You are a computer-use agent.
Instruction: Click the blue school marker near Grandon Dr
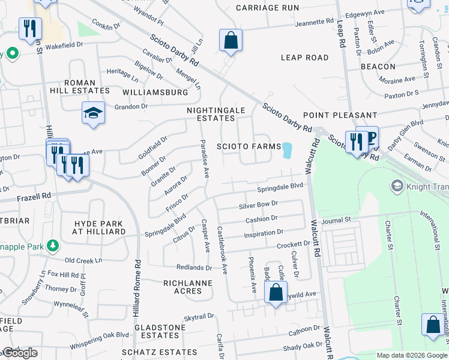tap(93, 113)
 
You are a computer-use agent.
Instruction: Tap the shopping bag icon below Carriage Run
tap(231, 41)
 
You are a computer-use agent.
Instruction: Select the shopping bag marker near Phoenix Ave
tap(276, 293)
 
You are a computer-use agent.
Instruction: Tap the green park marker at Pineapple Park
tap(53, 245)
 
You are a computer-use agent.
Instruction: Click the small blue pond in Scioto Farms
tap(287, 151)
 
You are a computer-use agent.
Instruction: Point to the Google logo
tap(19, 353)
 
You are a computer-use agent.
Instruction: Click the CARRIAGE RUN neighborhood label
tap(267, 8)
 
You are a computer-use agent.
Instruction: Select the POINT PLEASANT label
tap(340, 115)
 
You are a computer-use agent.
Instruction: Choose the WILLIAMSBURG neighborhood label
tap(155, 93)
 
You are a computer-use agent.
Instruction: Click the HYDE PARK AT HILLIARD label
tap(99, 227)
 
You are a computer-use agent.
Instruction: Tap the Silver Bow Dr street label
tap(258, 205)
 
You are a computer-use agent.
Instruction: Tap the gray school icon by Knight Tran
tap(396, 186)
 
